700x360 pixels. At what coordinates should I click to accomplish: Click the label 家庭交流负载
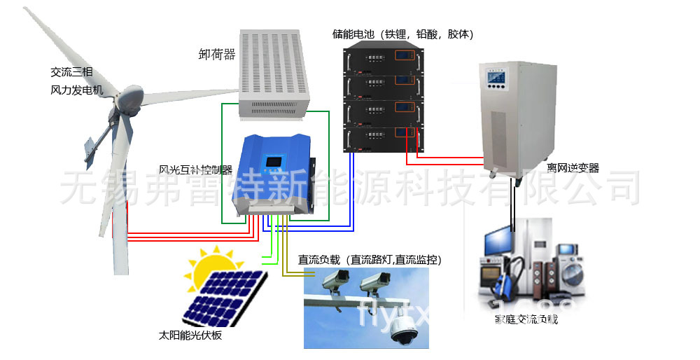point(526,319)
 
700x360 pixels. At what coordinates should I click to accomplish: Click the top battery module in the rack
point(383,55)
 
